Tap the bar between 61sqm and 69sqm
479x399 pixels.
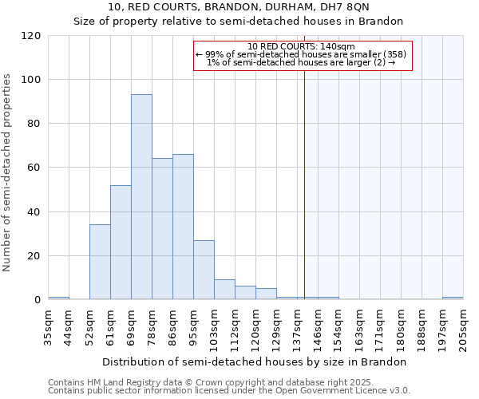coord(121,243)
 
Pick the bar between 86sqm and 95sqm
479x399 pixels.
coord(183,227)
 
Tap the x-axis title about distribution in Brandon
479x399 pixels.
coord(255,361)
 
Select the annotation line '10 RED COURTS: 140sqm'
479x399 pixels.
coord(302,46)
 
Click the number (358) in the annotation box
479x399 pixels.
coord(398,54)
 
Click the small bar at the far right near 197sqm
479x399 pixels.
coord(453,298)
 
